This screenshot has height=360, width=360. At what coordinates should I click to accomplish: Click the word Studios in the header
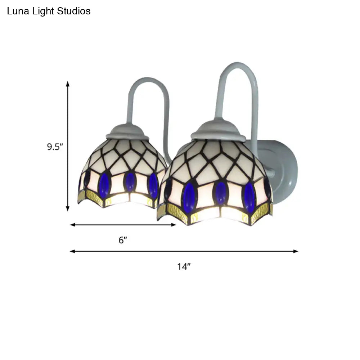pyautogui.click(x=74, y=11)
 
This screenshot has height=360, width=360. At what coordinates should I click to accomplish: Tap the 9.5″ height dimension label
pyautogui.click(x=55, y=147)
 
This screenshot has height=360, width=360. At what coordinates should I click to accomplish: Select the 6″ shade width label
pyautogui.click(x=123, y=240)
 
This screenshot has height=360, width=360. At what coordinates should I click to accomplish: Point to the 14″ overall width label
pyautogui.click(x=184, y=266)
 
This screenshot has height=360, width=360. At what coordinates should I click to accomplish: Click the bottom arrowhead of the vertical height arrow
pyautogui.click(x=68, y=208)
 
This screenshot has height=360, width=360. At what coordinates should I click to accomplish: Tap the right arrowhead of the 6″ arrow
pyautogui.click(x=174, y=225)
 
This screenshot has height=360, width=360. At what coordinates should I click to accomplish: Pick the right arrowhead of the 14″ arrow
pyautogui.click(x=296, y=251)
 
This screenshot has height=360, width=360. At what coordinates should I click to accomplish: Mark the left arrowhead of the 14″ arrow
pyautogui.click(x=73, y=251)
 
